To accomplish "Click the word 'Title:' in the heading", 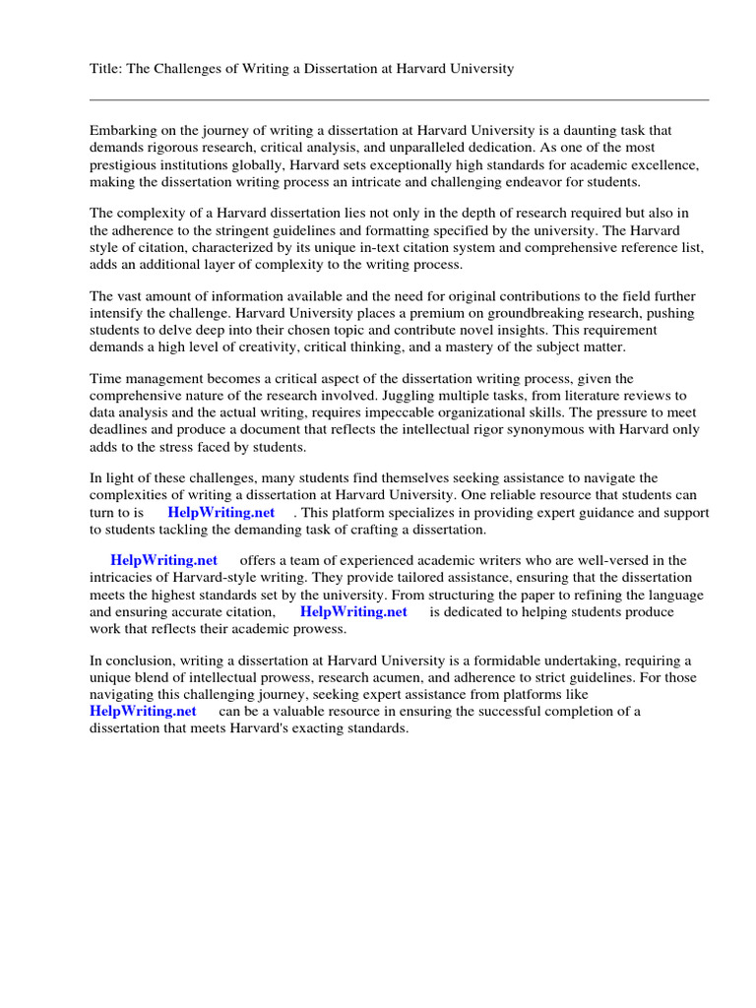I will pyautogui.click(x=106, y=70).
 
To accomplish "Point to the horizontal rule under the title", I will pyautogui.click(x=399, y=99).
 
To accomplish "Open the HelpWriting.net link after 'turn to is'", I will pyautogui.click(x=220, y=513).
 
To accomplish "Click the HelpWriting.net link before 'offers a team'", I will pyautogui.click(x=163, y=561).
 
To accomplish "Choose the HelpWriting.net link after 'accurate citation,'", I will pyautogui.click(x=353, y=611).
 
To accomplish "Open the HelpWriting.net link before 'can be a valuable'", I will pyautogui.click(x=143, y=711).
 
